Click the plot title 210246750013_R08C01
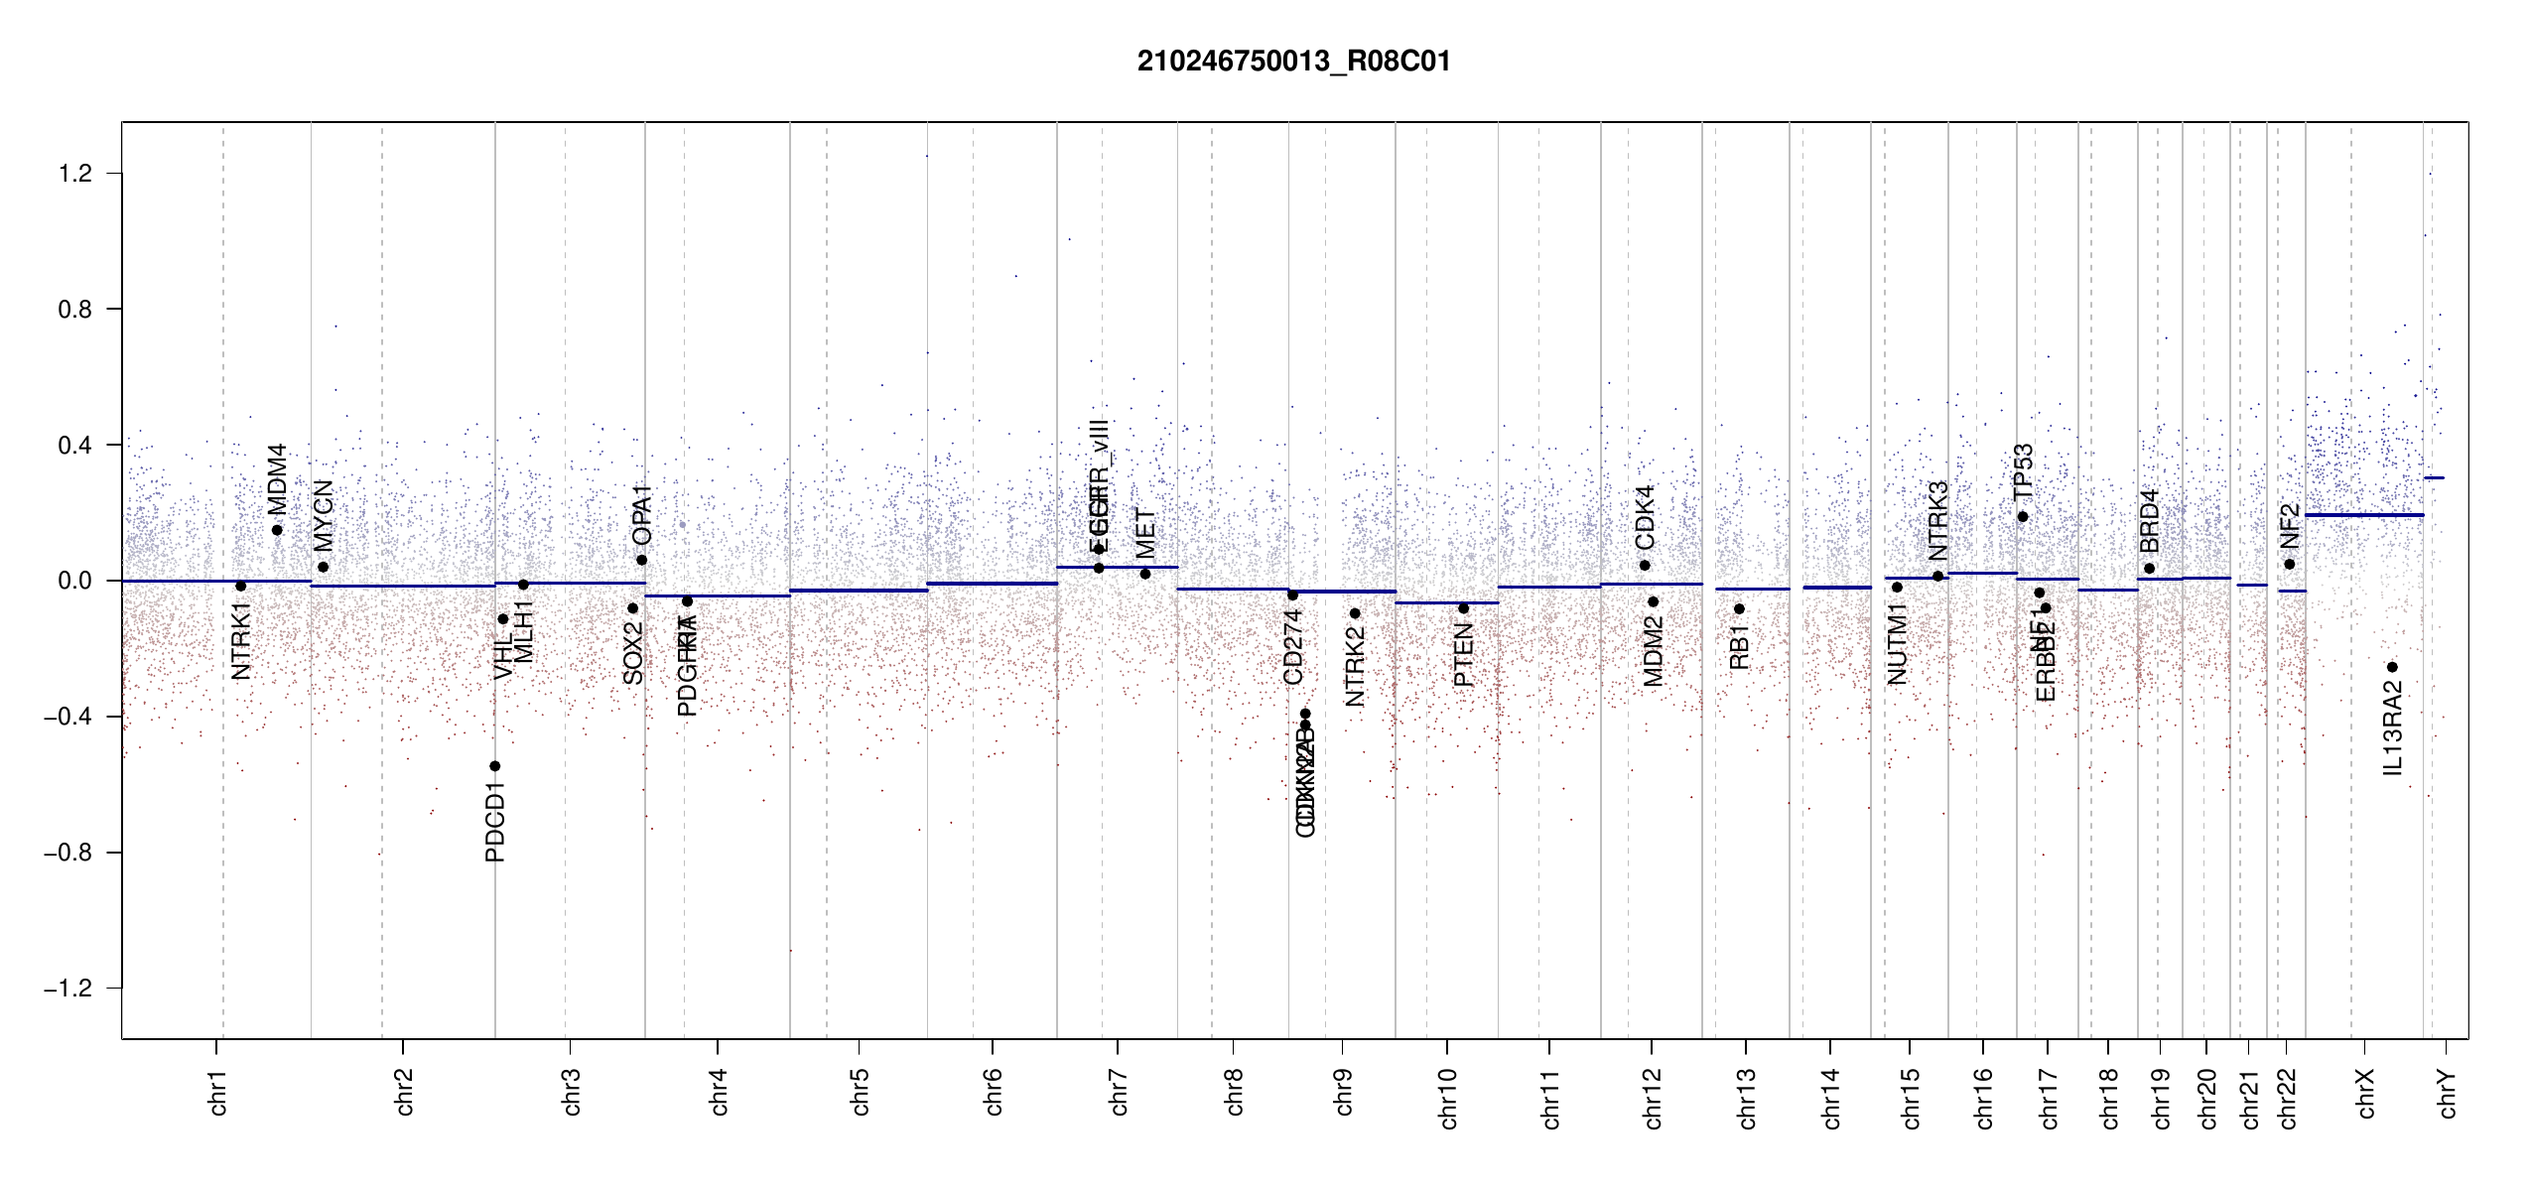pyautogui.click(x=1293, y=62)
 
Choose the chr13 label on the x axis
pyautogui.click(x=1746, y=1098)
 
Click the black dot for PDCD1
pyautogui.click(x=495, y=766)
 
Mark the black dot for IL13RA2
pyautogui.click(x=2392, y=667)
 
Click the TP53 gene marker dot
pyautogui.click(x=2023, y=517)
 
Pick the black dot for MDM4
pyautogui.click(x=277, y=530)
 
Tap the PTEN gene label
pyautogui.click(x=1463, y=655)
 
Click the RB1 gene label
pyautogui.click(x=1739, y=647)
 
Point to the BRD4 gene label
pyautogui.click(x=2149, y=521)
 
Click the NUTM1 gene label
pyautogui.click(x=1897, y=650)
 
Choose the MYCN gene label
pyautogui.click(x=324, y=516)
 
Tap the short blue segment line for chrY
pyautogui.click(x=2434, y=478)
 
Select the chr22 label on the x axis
pyautogui.click(x=2287, y=1098)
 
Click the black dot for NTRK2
pyautogui.click(x=1355, y=613)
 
